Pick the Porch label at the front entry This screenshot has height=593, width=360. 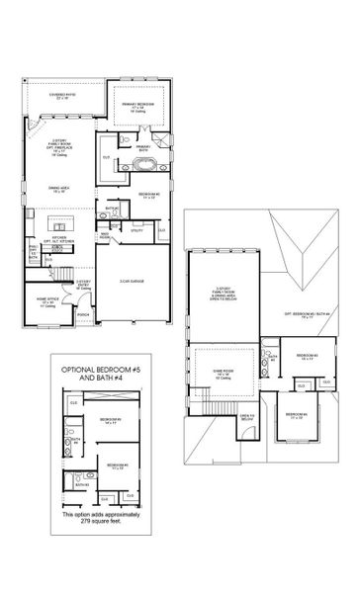(x=85, y=314)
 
